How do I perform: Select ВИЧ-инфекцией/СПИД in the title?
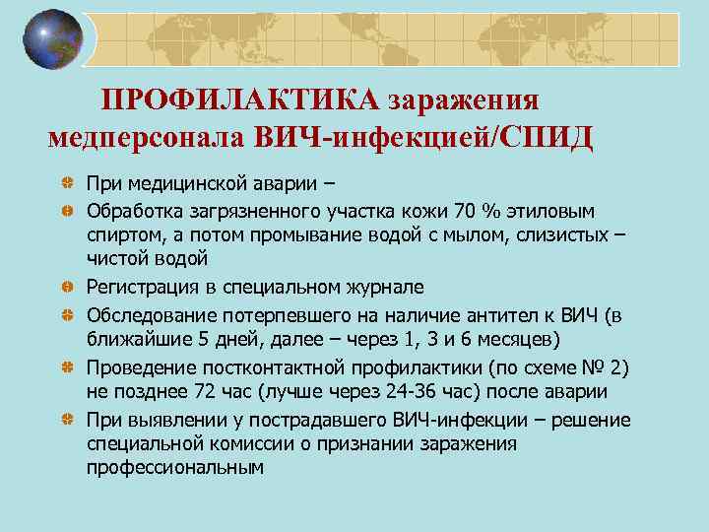click(x=422, y=136)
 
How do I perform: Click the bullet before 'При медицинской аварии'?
click(x=64, y=183)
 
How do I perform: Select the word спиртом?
click(x=121, y=234)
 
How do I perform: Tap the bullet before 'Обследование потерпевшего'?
click(x=64, y=313)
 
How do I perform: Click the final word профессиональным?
click(x=175, y=469)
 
